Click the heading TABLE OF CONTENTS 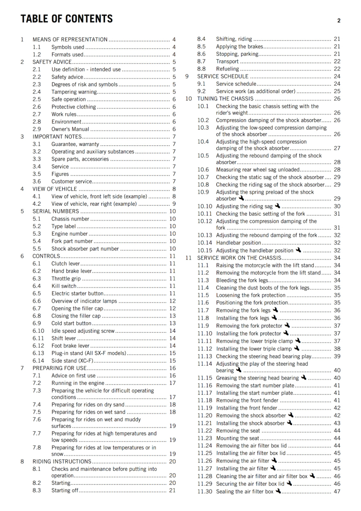pos(66,19)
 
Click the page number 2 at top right pos(339,21)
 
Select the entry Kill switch pos(64,286)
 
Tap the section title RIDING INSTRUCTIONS pos(62,461)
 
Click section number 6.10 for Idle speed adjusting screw pos(38,331)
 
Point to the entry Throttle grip pos(66,278)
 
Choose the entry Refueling pos(227,69)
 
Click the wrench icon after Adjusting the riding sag pos(278,206)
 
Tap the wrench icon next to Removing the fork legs pos(275,310)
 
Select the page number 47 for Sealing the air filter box pos(337,492)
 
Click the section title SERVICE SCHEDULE pos(223,76)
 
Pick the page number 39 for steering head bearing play pos(337,356)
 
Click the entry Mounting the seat pos(238,438)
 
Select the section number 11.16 pos(204,385)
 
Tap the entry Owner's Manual pos(70,129)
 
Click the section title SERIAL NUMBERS pos(56,211)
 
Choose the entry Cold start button pos(71,323)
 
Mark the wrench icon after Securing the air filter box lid pos(289,483)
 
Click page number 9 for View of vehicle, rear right pos(174,204)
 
